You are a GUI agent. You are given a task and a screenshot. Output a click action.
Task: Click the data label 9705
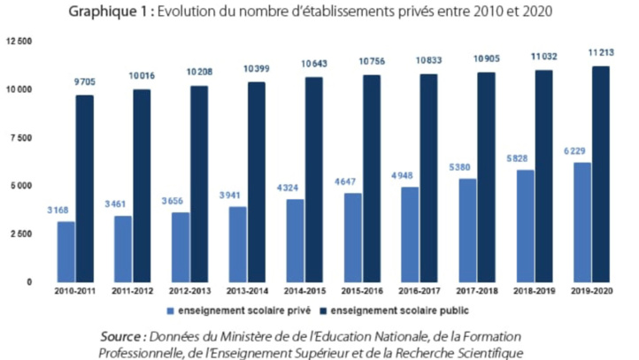coord(85,81)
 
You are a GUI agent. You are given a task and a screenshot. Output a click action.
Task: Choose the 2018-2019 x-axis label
coord(535,290)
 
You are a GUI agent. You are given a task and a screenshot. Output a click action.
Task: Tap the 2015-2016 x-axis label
coord(362,290)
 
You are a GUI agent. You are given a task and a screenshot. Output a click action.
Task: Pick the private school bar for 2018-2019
coord(525,226)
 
